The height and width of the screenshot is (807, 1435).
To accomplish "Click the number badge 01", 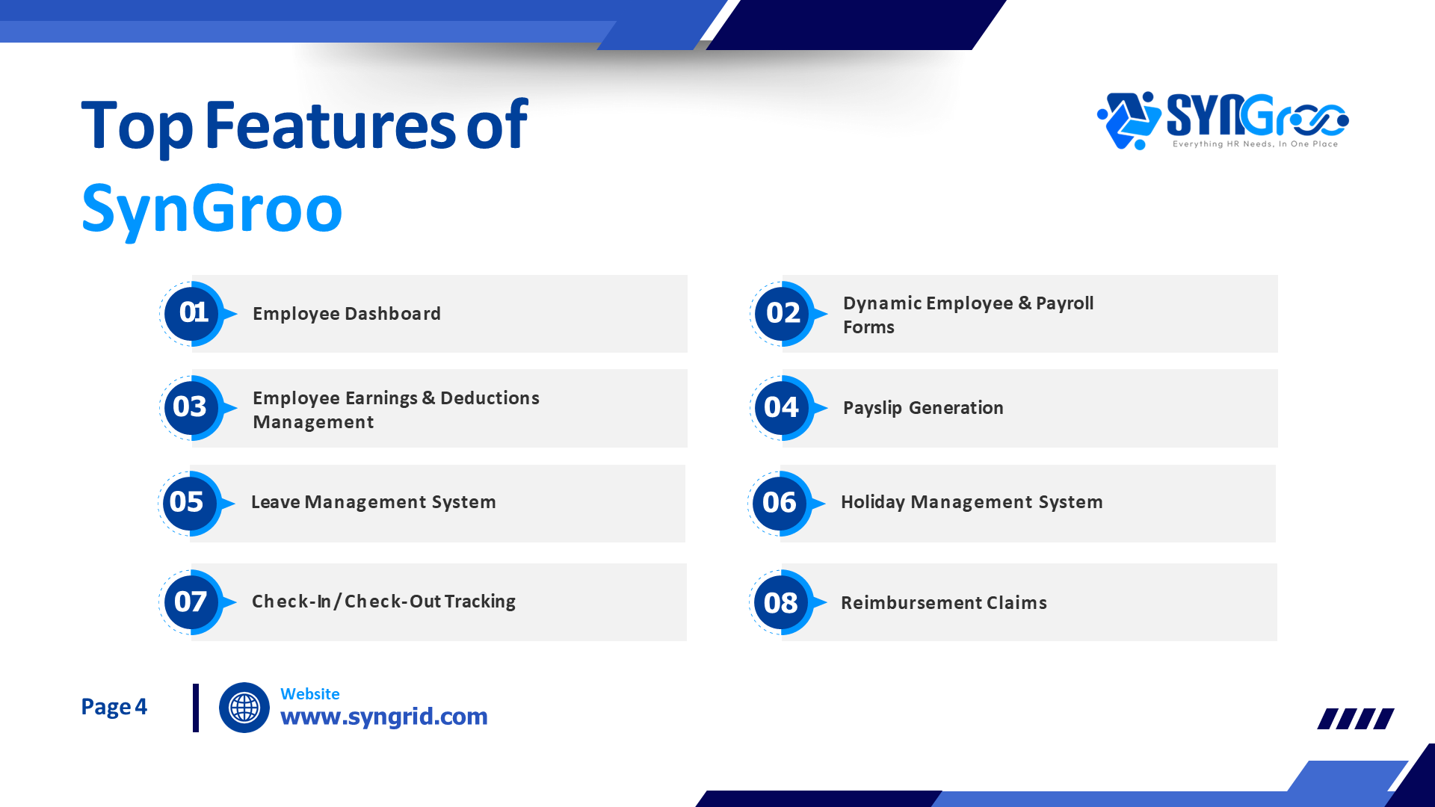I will pos(193,312).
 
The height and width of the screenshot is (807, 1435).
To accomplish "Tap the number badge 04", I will pos(782,407).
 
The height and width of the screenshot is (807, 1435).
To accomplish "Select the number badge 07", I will pos(191,602).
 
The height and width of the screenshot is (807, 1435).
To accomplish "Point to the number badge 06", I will pos(780,502).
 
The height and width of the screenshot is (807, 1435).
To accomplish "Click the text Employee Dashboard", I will pos(346,314).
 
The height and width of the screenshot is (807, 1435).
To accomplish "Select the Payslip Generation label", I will pos(922,408).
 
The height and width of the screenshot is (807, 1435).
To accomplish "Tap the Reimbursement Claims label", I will pos(943,603).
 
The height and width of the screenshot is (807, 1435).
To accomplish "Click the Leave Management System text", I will pos(373,502).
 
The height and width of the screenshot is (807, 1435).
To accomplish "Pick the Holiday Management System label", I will pos(971,502).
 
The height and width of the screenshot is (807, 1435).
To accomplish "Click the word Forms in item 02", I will pos(868,327).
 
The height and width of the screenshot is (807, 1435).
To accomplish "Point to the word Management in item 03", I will pos(313,422).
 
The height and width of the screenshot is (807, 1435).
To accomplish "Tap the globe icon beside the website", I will pos(244,707).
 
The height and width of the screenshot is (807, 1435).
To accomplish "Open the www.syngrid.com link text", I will pos(383,717).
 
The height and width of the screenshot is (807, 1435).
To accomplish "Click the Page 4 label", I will pos(114,707).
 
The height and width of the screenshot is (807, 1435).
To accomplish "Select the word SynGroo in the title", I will pos(212,209).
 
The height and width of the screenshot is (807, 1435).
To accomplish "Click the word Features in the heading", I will pos(330,126).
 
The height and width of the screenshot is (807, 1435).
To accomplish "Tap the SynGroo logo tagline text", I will pos(1255,144).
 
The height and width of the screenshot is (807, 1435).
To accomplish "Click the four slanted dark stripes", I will pos(1355,719).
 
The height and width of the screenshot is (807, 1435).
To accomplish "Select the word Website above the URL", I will pos(309,694).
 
